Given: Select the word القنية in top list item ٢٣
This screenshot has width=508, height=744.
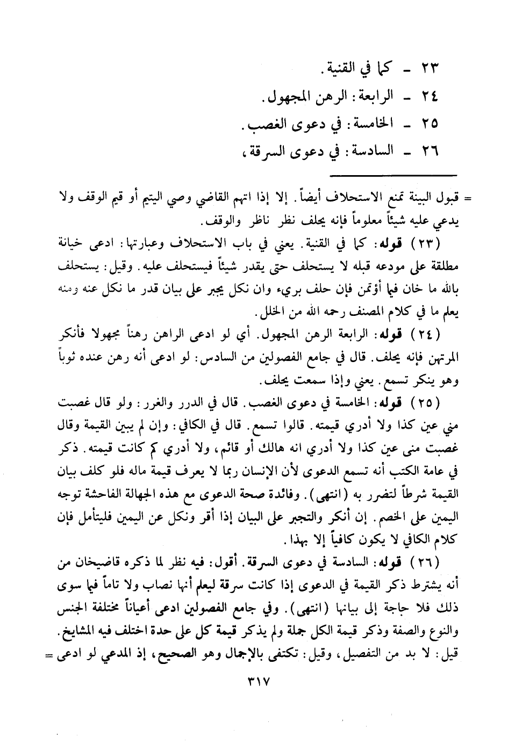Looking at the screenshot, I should (x=348, y=68).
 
